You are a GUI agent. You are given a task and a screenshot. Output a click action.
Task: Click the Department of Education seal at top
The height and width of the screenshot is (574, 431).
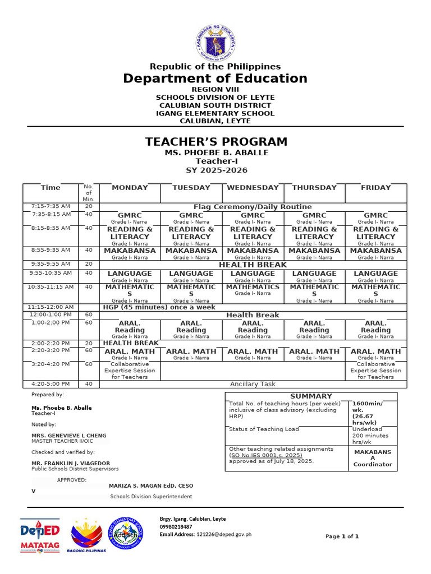click(x=215, y=43)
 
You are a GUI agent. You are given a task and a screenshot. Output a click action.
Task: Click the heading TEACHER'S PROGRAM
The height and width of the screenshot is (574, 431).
click(x=216, y=142)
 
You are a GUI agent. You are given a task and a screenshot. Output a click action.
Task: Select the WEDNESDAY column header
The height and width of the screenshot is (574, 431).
click(x=253, y=188)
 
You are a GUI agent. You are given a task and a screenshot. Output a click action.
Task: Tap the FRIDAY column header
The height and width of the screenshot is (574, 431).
click(x=375, y=188)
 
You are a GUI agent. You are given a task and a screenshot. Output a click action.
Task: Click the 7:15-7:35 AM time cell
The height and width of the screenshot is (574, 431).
click(x=51, y=207)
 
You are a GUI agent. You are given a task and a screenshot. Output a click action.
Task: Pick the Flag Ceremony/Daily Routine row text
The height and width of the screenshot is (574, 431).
click(x=253, y=207)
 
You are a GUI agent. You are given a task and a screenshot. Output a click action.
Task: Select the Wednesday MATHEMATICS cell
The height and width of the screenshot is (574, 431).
click(x=253, y=290)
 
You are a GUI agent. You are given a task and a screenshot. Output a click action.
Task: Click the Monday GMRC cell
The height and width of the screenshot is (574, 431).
click(x=130, y=218)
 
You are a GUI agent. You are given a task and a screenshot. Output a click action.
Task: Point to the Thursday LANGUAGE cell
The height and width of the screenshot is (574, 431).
click(x=314, y=276)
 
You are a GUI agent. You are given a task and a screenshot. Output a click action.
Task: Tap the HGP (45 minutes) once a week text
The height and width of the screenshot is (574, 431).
click(x=159, y=307)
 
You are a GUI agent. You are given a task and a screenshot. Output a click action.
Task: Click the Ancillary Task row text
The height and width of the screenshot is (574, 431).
click(x=253, y=384)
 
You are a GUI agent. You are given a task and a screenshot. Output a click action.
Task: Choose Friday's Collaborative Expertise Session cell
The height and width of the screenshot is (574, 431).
click(x=375, y=371)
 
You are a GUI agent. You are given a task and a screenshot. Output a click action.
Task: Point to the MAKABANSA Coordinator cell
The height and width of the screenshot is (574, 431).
click(x=373, y=458)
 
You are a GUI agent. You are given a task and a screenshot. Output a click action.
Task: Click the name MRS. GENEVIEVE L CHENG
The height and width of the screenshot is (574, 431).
click(x=68, y=436)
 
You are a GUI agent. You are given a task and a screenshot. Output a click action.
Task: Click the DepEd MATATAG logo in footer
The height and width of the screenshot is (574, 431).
click(x=40, y=535)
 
